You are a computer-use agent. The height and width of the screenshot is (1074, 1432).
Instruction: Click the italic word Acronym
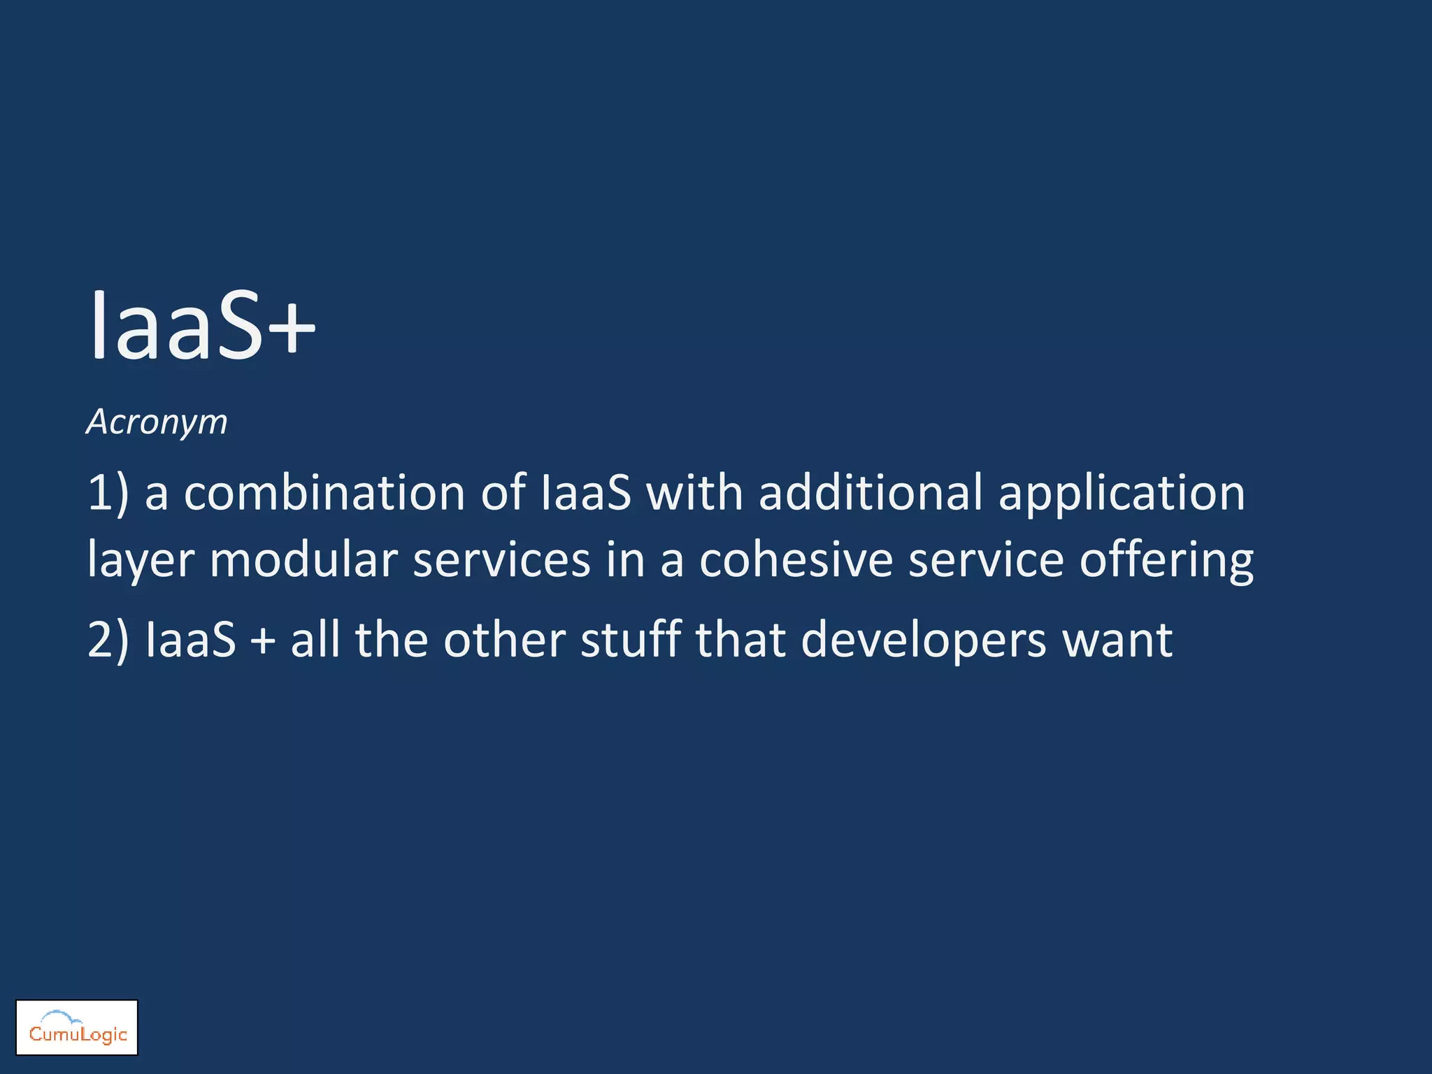point(157,422)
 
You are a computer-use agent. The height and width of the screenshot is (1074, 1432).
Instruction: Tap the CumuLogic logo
point(77,1027)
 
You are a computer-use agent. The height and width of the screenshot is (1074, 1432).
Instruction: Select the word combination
point(324,493)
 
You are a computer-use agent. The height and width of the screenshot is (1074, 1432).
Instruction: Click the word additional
point(871,493)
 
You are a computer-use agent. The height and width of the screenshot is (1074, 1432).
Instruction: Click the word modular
point(303,560)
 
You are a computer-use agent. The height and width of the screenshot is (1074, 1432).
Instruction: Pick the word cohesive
point(796,560)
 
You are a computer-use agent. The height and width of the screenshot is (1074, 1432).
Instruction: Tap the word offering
point(1166,561)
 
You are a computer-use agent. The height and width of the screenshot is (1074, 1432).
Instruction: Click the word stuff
point(631,639)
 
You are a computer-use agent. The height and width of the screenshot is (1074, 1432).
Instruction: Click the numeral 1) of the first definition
point(108,493)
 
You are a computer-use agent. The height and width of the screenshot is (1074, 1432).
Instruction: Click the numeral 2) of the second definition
point(108,640)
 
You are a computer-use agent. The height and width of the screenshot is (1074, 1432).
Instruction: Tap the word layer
point(141,561)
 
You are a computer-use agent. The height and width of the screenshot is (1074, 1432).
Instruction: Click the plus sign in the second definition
point(263,640)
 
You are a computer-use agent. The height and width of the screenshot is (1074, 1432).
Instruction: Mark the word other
point(504,639)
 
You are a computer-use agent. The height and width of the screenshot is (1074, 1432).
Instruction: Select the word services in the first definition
point(501,560)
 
